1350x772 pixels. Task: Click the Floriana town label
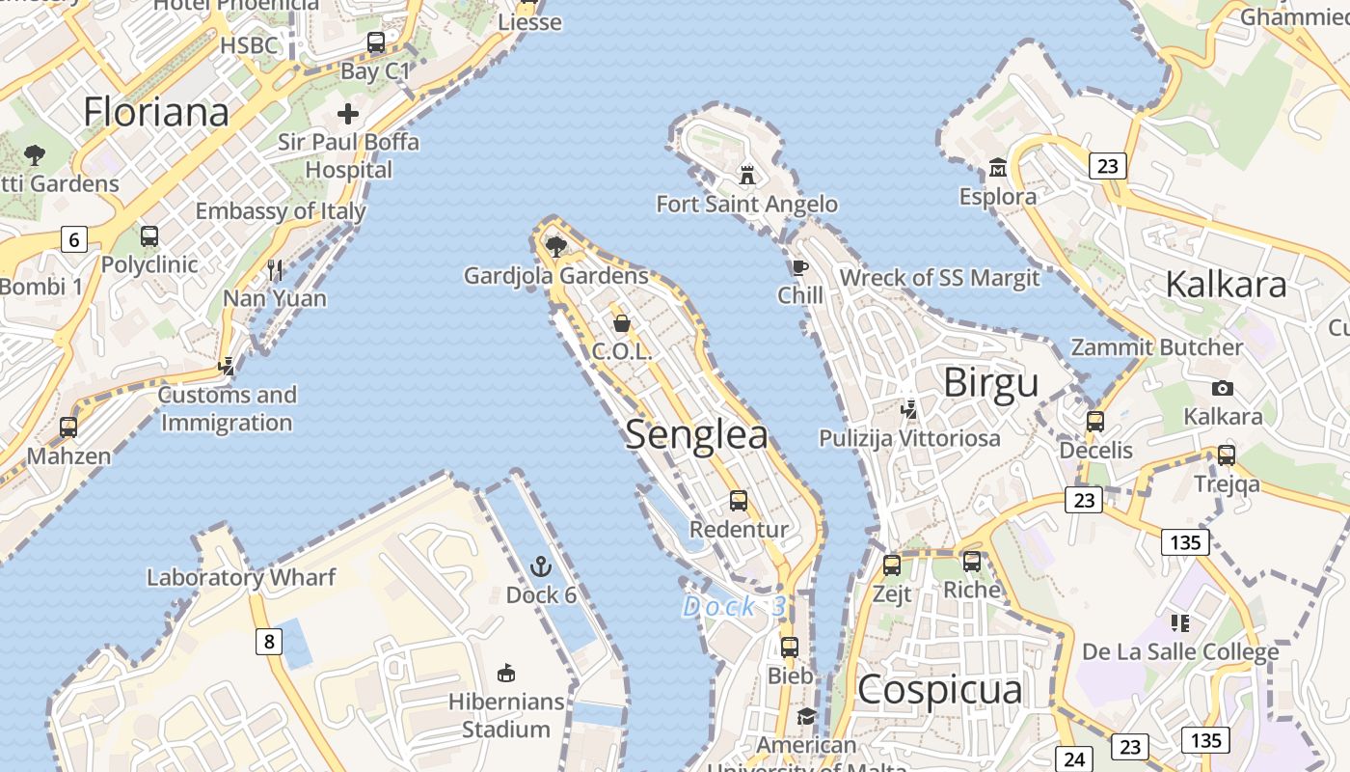tap(156, 112)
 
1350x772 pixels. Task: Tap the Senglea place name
tap(697, 434)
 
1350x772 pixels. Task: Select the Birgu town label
tap(990, 383)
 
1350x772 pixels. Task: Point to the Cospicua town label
tap(939, 690)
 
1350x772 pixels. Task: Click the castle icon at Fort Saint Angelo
tap(746, 175)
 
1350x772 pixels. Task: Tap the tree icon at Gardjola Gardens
tap(555, 246)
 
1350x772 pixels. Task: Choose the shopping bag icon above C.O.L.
tap(622, 322)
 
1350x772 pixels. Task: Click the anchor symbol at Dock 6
tap(540, 565)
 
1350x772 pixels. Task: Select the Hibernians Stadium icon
tap(505, 672)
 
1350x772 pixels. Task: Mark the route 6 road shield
tap(74, 238)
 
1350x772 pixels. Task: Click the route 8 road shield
tap(269, 641)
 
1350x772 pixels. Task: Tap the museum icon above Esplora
tap(997, 169)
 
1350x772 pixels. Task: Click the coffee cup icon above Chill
tap(799, 267)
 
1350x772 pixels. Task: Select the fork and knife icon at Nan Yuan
tap(276, 270)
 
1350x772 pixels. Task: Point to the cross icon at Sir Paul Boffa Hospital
tap(348, 114)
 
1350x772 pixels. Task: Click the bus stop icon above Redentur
tap(739, 500)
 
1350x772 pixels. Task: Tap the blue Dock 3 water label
tap(734, 607)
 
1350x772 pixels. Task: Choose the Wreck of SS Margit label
tap(939, 278)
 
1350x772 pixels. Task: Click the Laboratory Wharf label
tap(241, 577)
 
